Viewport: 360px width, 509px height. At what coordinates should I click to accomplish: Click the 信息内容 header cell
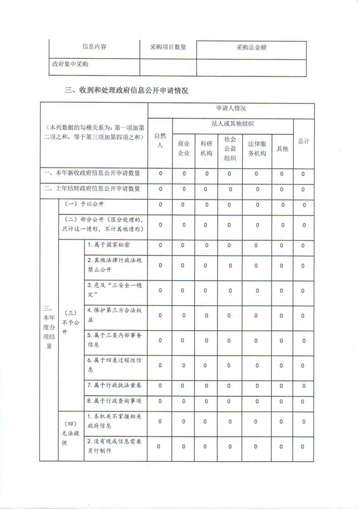pyautogui.click(x=94, y=46)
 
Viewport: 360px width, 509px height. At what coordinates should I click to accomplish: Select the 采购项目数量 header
pyautogui.click(x=168, y=46)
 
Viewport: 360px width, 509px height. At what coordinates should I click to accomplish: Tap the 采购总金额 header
pyautogui.click(x=251, y=47)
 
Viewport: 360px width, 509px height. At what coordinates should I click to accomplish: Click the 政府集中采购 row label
pyautogui.click(x=69, y=64)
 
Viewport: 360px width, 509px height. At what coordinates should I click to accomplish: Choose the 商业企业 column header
pyautogui.click(x=183, y=148)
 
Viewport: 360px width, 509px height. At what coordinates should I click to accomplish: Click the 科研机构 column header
pyautogui.click(x=206, y=148)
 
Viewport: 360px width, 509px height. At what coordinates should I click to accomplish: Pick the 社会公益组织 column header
pyautogui.click(x=230, y=148)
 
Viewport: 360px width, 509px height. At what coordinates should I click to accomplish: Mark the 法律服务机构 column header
pyautogui.click(x=257, y=148)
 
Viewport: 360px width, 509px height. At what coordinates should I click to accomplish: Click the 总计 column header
pyautogui.click(x=303, y=141)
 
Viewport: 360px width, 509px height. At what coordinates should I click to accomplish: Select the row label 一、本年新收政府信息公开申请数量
pyautogui.click(x=94, y=173)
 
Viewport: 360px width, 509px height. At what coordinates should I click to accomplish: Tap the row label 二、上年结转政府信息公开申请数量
pyautogui.click(x=94, y=188)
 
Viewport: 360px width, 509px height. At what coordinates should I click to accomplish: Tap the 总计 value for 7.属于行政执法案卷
pyautogui.click(x=303, y=385)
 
